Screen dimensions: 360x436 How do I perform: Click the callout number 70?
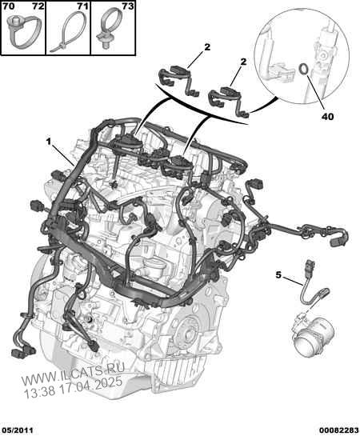(9, 6)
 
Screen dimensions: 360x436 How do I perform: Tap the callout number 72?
(38, 6)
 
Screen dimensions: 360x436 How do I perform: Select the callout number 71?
(83, 6)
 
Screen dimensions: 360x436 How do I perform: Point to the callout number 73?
(128, 6)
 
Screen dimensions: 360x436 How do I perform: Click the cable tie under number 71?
(69, 34)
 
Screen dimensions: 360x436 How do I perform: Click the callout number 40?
(328, 117)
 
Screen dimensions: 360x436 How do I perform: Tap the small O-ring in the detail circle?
(303, 69)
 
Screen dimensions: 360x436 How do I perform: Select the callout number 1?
(49, 142)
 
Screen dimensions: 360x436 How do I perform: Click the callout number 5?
(278, 275)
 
